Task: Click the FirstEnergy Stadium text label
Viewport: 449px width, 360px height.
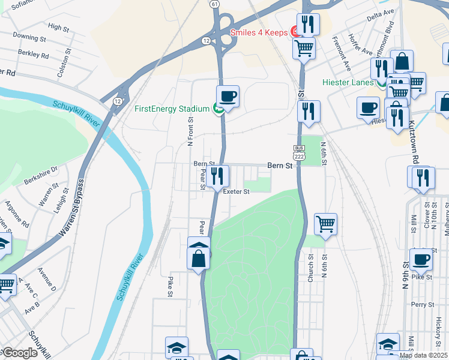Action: click(172, 109)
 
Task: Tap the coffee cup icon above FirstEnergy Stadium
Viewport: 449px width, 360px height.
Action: click(228, 95)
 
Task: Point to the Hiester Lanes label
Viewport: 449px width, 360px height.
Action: click(349, 82)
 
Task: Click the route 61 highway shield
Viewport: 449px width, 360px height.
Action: click(214, 4)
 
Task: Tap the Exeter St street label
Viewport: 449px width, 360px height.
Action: click(236, 192)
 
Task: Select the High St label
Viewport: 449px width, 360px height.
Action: click(59, 27)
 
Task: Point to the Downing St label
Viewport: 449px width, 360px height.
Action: click(29, 37)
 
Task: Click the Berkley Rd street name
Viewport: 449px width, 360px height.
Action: click(33, 54)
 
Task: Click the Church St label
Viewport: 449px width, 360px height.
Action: click(310, 268)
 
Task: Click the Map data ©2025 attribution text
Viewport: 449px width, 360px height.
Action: click(423, 355)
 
